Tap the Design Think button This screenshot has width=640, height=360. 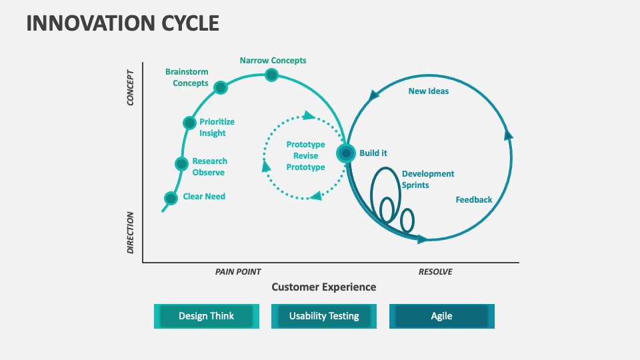[x=206, y=316]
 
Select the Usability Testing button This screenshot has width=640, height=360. [x=324, y=316]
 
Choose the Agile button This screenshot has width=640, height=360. [x=441, y=316]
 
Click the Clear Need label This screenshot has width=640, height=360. [x=204, y=197]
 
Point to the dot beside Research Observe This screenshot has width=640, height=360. [x=181, y=164]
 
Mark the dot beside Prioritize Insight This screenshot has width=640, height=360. [x=190, y=123]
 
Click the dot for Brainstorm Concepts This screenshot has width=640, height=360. [x=221, y=87]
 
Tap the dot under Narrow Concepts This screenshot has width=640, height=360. [x=271, y=75]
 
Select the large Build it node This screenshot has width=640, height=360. [x=345, y=153]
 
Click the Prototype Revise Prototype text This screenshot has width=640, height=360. [x=306, y=156]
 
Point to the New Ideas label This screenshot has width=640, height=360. [x=429, y=91]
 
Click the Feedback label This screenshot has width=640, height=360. [x=474, y=200]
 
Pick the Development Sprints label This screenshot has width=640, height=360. [x=428, y=179]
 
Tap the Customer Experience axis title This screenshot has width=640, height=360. [x=323, y=287]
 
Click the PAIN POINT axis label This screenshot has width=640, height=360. [x=238, y=272]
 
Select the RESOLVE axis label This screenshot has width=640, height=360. [x=435, y=272]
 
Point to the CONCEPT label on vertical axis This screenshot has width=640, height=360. [x=131, y=87]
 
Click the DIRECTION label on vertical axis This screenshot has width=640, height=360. [x=131, y=233]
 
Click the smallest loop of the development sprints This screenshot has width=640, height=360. [x=407, y=219]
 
